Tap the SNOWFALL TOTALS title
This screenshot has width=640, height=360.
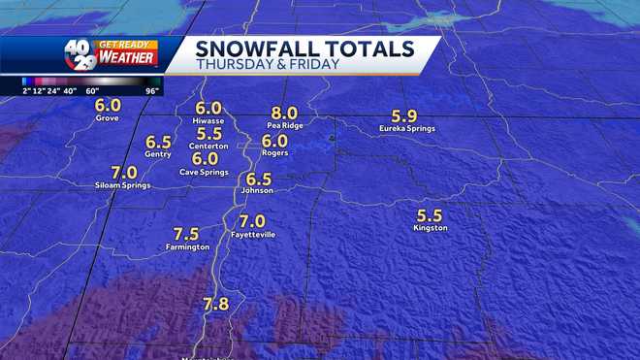pyautogui.click(x=304, y=49)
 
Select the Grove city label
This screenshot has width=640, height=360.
pyautogui.click(x=107, y=118)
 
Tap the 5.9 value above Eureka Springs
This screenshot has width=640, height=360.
pyautogui.click(x=406, y=114)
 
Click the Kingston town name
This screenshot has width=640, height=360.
pyautogui.click(x=430, y=228)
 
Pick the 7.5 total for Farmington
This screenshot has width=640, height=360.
pyautogui.click(x=186, y=233)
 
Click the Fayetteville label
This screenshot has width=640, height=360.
pyautogui.click(x=253, y=235)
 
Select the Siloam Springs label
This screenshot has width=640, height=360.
pyautogui.click(x=122, y=184)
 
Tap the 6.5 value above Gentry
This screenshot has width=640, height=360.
pyautogui.click(x=158, y=141)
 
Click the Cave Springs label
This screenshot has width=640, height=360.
pyautogui.click(x=204, y=172)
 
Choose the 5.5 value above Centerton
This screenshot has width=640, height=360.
pyautogui.click(x=208, y=133)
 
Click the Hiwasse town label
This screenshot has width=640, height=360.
pyautogui.click(x=208, y=121)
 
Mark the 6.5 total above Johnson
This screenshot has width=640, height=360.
pyautogui.click(x=259, y=179)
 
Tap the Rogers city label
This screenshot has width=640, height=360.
pyautogui.click(x=275, y=152)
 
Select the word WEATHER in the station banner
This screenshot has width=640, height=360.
pyautogui.click(x=125, y=58)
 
